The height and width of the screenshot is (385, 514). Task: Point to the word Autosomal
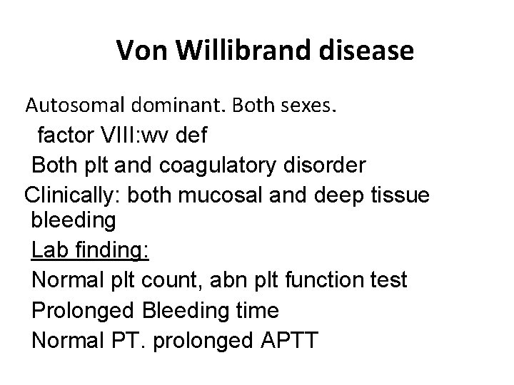(75, 107)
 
